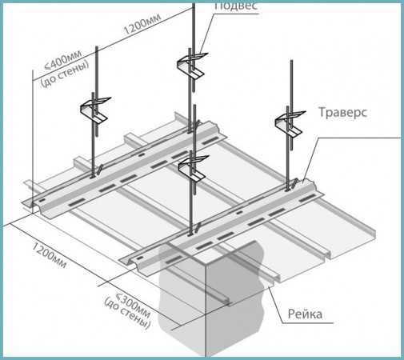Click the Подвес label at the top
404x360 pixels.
pyautogui.click(x=236, y=6)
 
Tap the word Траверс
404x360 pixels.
pyautogui.click(x=343, y=112)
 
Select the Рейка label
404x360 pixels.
pyautogui.click(x=305, y=314)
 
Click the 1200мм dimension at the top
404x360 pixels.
pyautogui.click(x=142, y=24)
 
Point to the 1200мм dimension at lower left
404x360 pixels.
pyautogui.click(x=49, y=255)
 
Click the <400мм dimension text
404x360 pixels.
pyautogui.click(x=63, y=61)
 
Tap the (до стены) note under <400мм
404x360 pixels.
pyautogui.click(x=65, y=74)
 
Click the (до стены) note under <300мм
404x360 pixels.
pyautogui.click(x=127, y=313)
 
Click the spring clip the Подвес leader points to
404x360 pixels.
pyautogui.click(x=191, y=66)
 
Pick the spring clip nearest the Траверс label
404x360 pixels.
pyautogui.click(x=290, y=123)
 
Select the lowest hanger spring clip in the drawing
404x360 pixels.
pyautogui.click(x=193, y=167)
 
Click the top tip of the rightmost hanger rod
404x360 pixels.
pyautogui.click(x=291, y=61)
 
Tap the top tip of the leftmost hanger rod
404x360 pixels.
pyautogui.click(x=97, y=47)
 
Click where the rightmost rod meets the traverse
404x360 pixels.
pyautogui.click(x=288, y=190)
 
